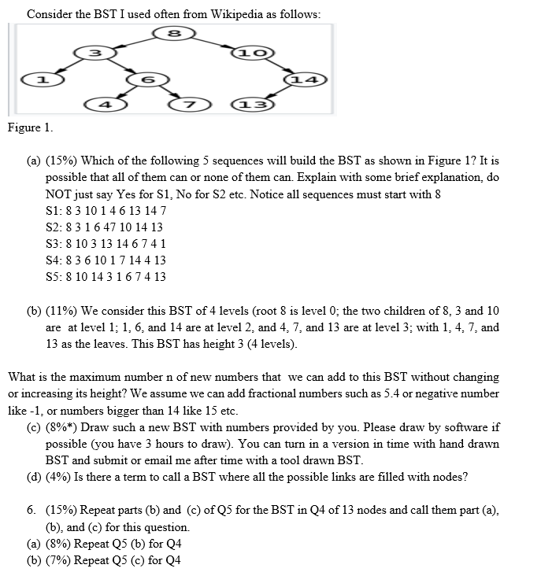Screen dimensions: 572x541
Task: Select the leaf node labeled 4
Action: click(101, 105)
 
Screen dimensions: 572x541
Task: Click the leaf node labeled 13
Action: click(250, 105)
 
